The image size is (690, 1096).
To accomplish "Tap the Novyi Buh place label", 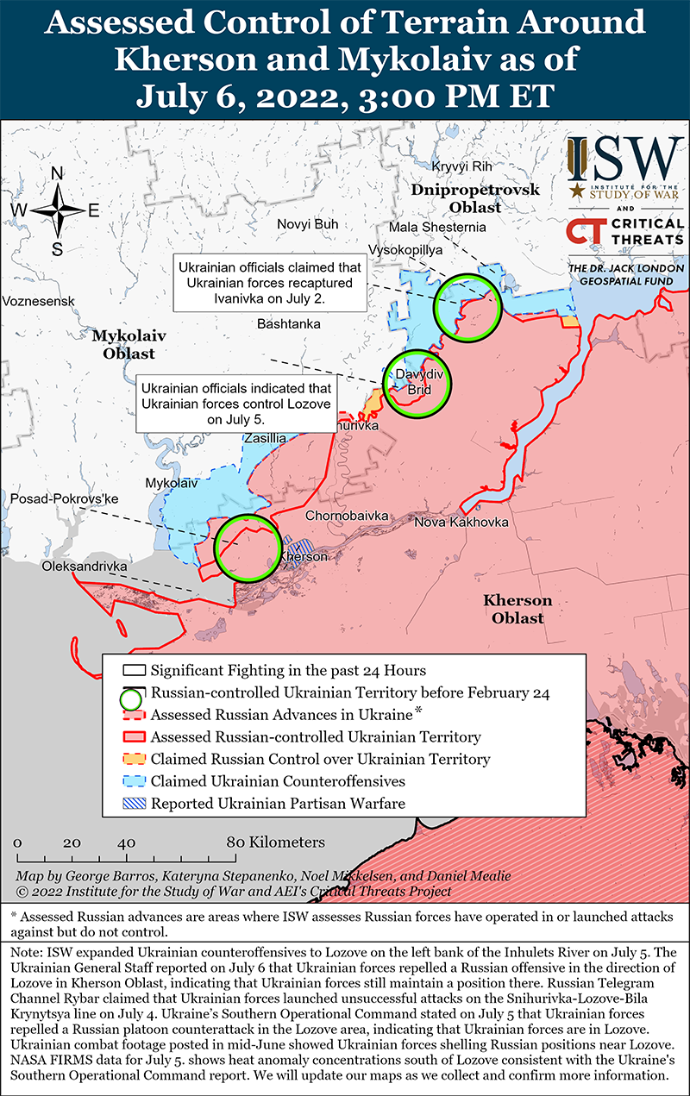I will tap(307, 224).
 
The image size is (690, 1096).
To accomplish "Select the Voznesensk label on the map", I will tap(39, 301).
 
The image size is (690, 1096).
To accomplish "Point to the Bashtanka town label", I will tap(289, 324).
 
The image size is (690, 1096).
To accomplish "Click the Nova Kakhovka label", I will tap(461, 523).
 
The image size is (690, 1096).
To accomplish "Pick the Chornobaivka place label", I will tap(348, 515).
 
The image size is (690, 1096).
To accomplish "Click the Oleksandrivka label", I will tap(84, 567).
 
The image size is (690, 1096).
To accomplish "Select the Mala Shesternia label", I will tap(437, 227).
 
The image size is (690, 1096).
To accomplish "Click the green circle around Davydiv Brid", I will tap(418, 383).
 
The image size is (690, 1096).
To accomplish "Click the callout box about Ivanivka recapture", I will tap(268, 282).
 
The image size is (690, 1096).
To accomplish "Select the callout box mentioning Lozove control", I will tap(236, 402).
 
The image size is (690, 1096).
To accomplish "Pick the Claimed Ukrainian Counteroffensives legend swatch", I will tap(133, 782).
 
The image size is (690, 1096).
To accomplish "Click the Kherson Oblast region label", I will tap(517, 610).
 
